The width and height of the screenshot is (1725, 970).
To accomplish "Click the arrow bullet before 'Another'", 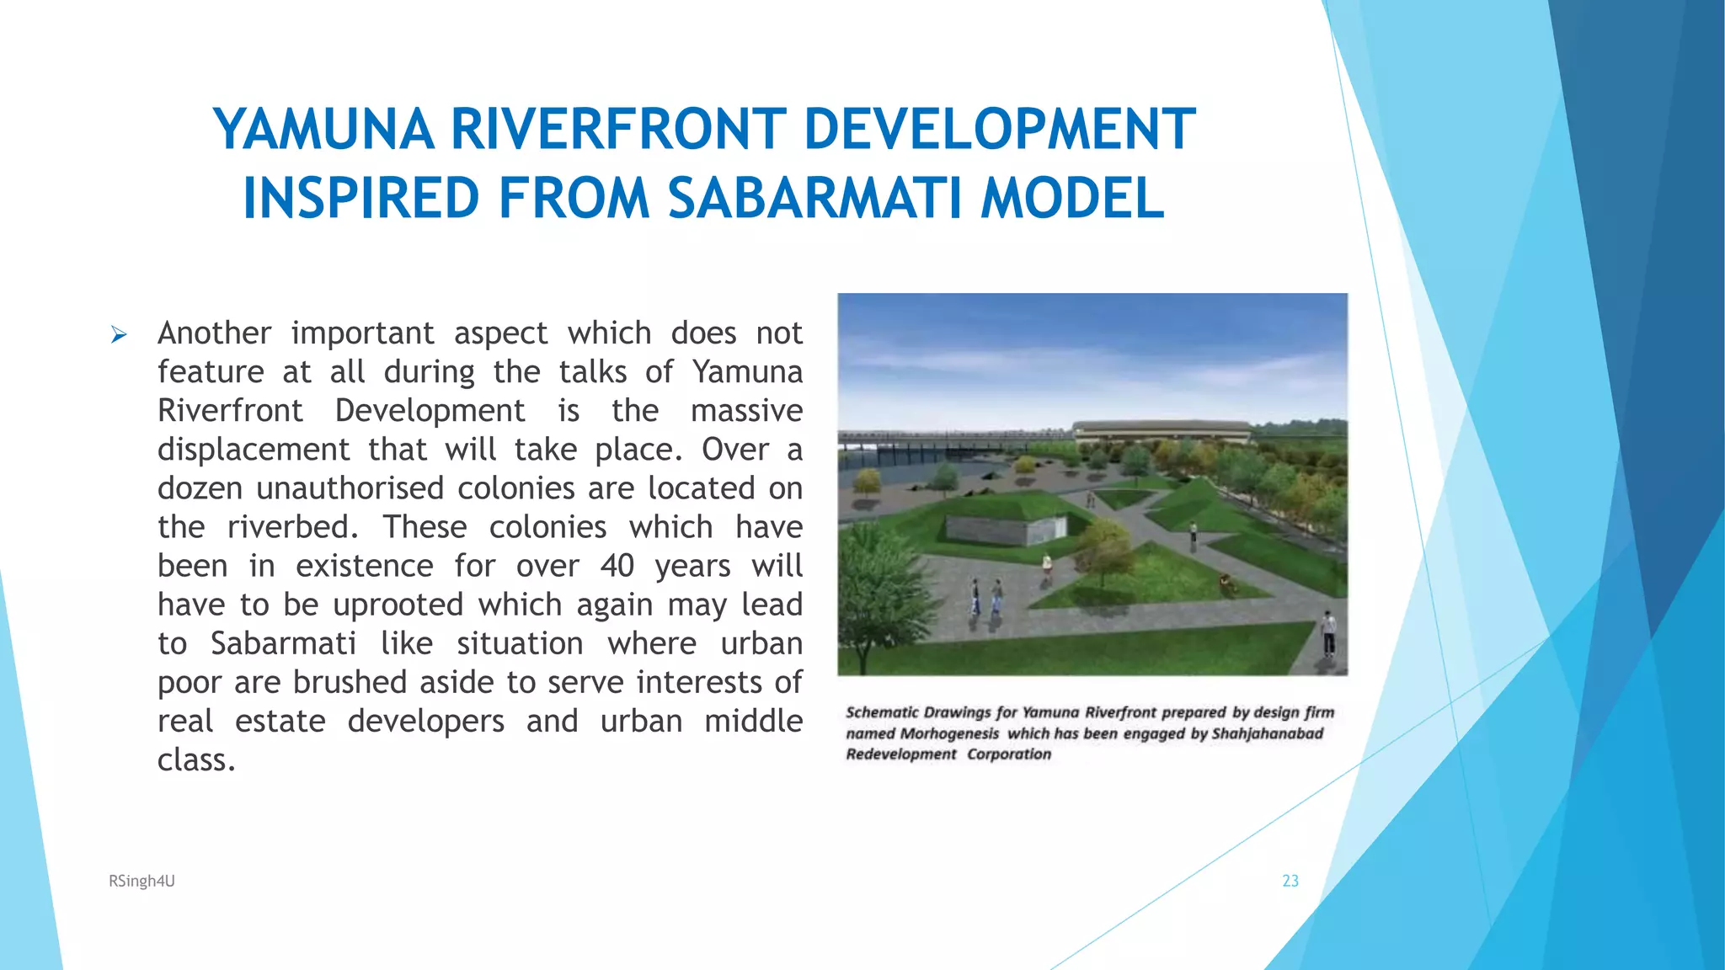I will pyautogui.click(x=119, y=336).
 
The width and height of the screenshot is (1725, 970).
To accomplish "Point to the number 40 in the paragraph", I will pyautogui.click(x=617, y=566).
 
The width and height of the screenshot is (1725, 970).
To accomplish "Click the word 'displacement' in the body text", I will pyautogui.click(x=254, y=450).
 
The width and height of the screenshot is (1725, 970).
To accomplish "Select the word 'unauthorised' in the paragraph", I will pyautogui.click(x=350, y=488).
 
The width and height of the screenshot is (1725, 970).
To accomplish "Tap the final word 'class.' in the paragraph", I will pyautogui.click(x=196, y=760).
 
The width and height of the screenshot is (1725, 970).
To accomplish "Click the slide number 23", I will pyautogui.click(x=1290, y=881).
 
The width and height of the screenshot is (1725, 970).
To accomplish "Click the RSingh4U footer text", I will pyautogui.click(x=142, y=881).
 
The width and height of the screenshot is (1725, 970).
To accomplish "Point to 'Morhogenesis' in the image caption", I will pyautogui.click(x=949, y=733).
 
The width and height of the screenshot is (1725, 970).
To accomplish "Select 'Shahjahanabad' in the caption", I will pyautogui.click(x=1267, y=733).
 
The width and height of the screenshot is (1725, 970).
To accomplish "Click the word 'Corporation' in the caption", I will pyautogui.click(x=1008, y=754).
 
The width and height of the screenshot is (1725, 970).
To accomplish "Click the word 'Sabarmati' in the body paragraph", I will pyautogui.click(x=283, y=644).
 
